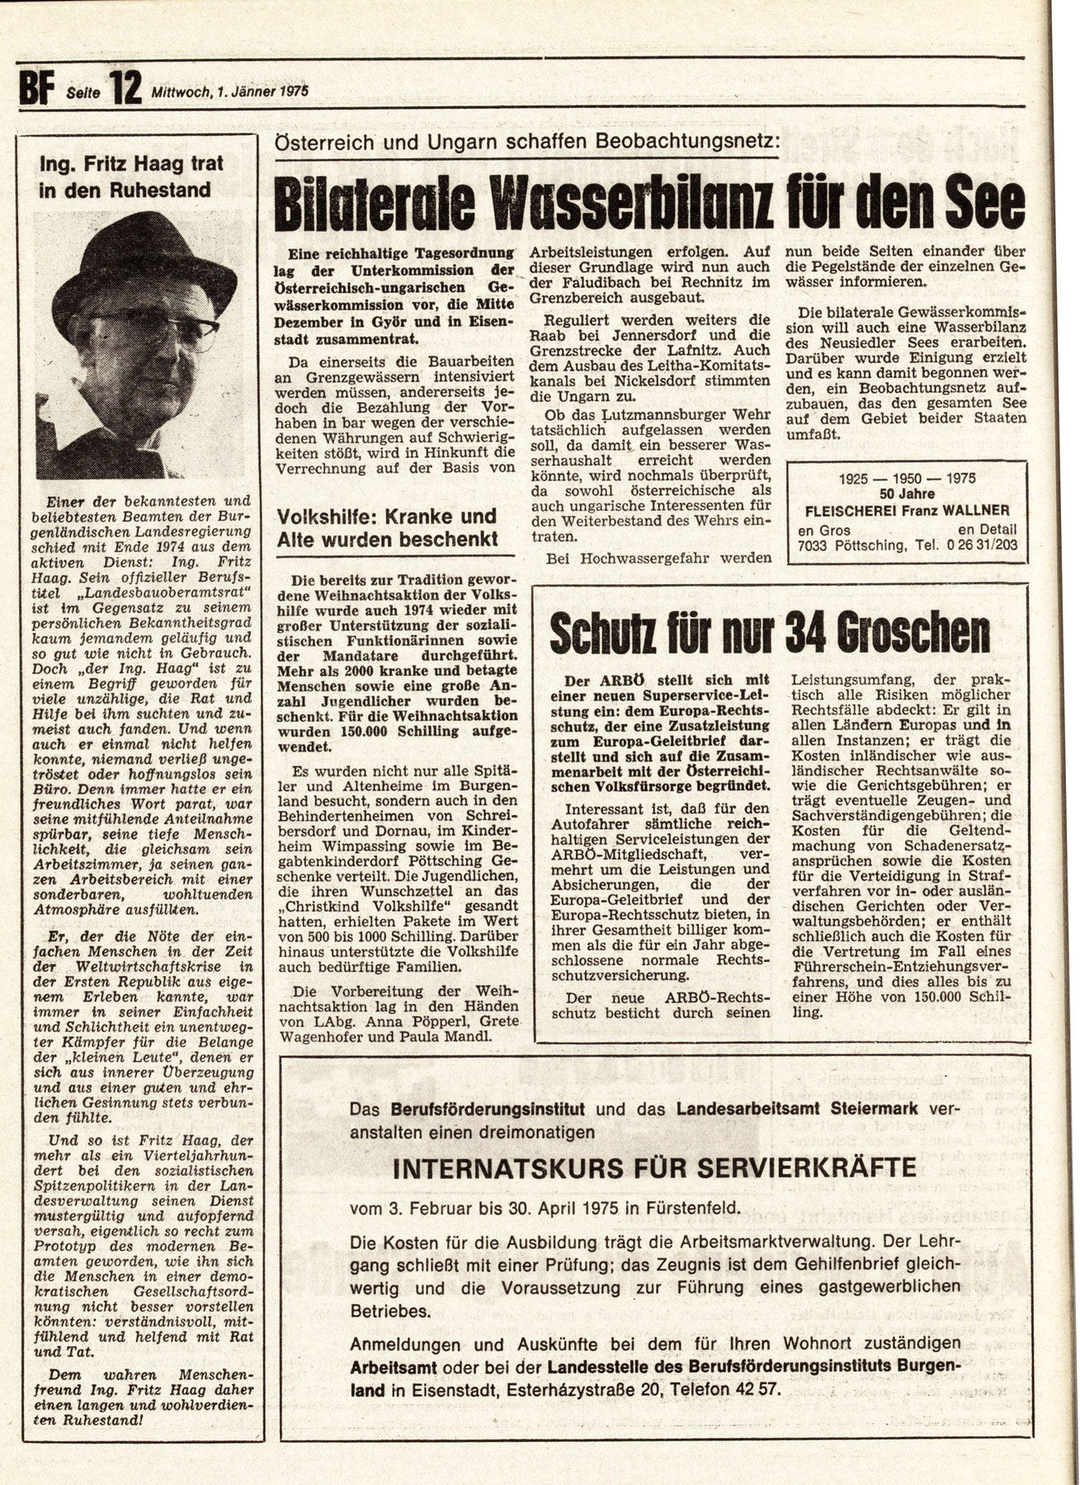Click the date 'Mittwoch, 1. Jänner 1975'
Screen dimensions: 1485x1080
pos(229,92)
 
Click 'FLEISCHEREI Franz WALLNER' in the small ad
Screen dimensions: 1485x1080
pos(908,510)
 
